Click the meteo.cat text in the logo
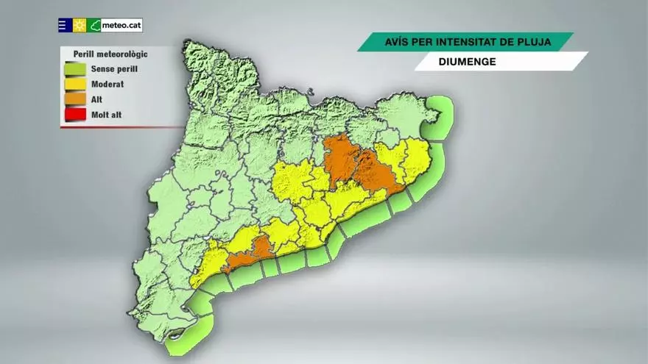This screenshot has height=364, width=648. click(121, 25)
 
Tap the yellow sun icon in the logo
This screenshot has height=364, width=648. click(80, 25)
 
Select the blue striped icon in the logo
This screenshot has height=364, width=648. click(65, 25)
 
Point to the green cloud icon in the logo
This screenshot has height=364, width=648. click(94, 25)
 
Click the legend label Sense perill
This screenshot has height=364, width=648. click(114, 69)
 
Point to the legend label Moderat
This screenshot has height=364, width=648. click(107, 84)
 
